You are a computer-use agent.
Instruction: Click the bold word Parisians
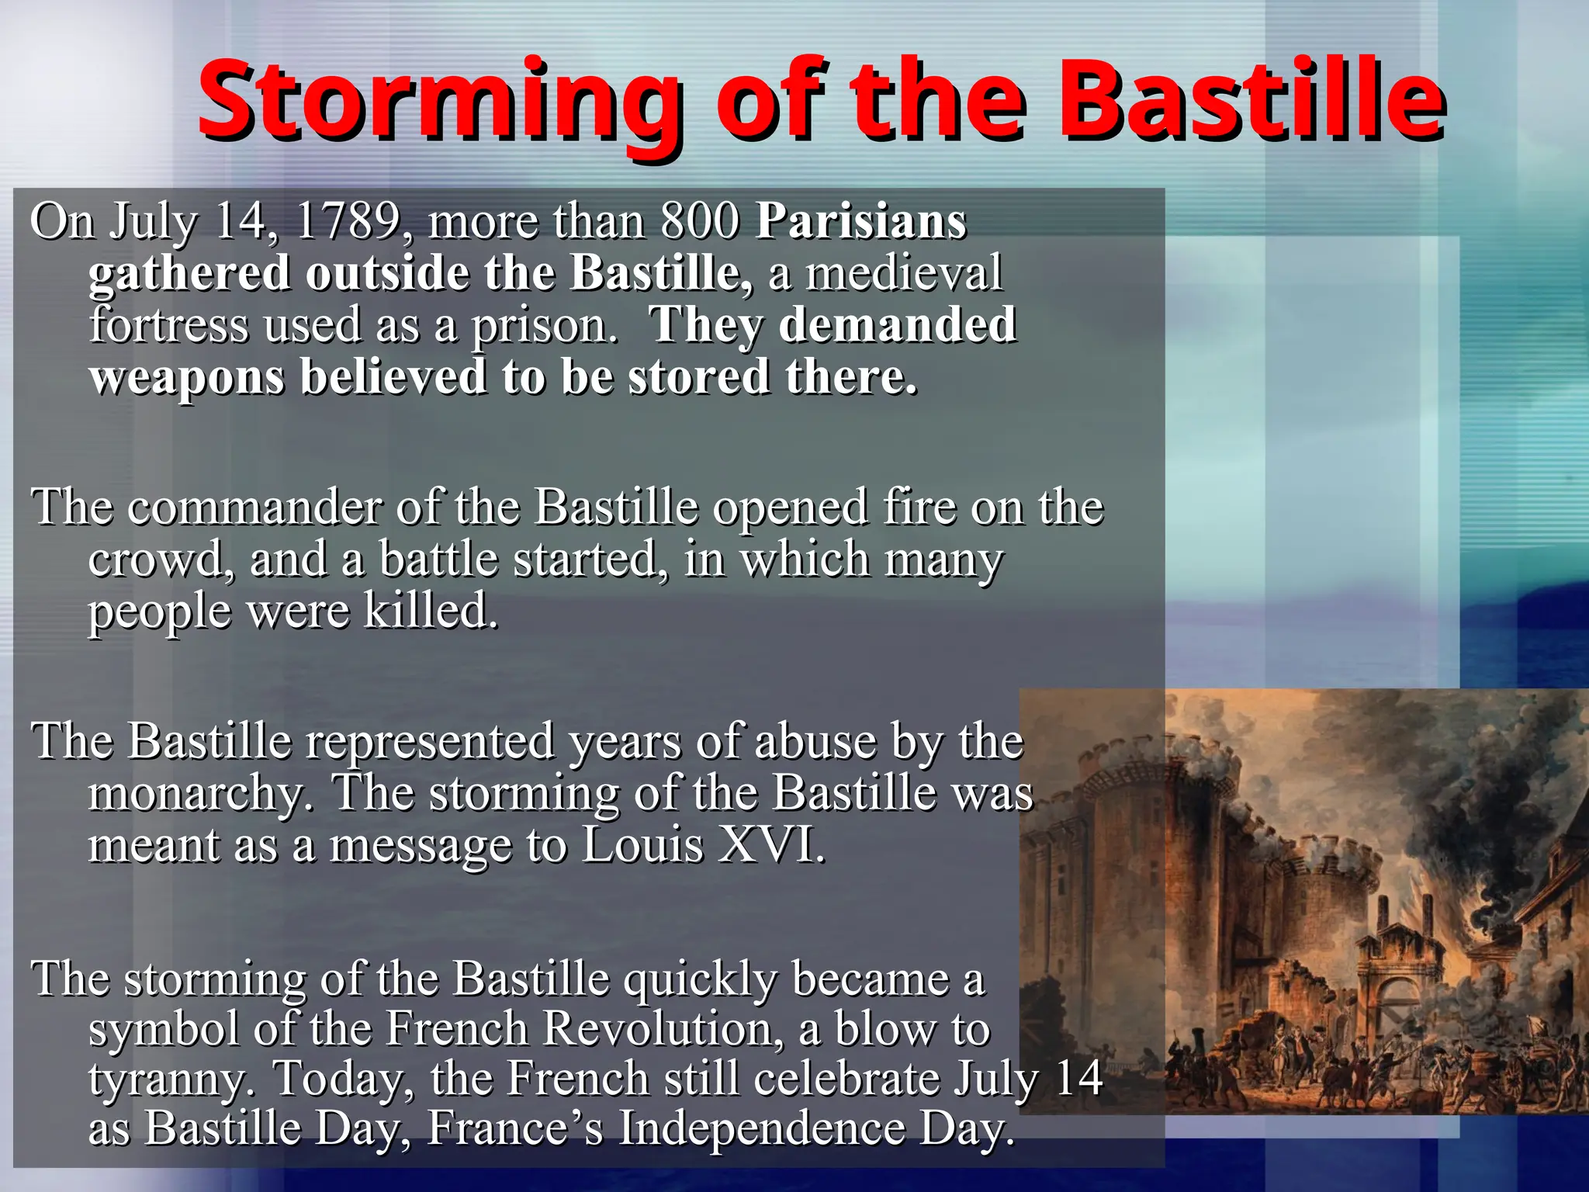coord(861,221)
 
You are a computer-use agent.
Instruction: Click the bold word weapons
coord(186,378)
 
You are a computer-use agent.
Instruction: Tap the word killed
coord(431,611)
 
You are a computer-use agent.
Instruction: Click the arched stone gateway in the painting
coord(1397,1001)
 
